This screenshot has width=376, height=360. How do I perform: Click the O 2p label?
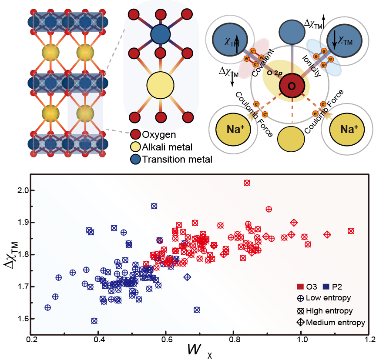click(275, 73)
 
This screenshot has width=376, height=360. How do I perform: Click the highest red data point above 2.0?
click(247, 183)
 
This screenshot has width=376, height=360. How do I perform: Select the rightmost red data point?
click(351, 231)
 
